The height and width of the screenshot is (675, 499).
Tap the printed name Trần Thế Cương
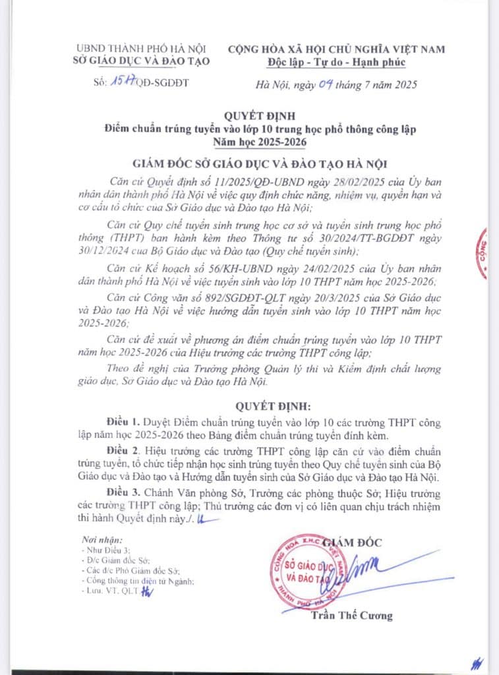click(x=352, y=616)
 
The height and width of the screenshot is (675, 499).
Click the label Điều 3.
click(x=123, y=493)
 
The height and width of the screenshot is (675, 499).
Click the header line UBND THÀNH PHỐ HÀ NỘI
click(x=142, y=49)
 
